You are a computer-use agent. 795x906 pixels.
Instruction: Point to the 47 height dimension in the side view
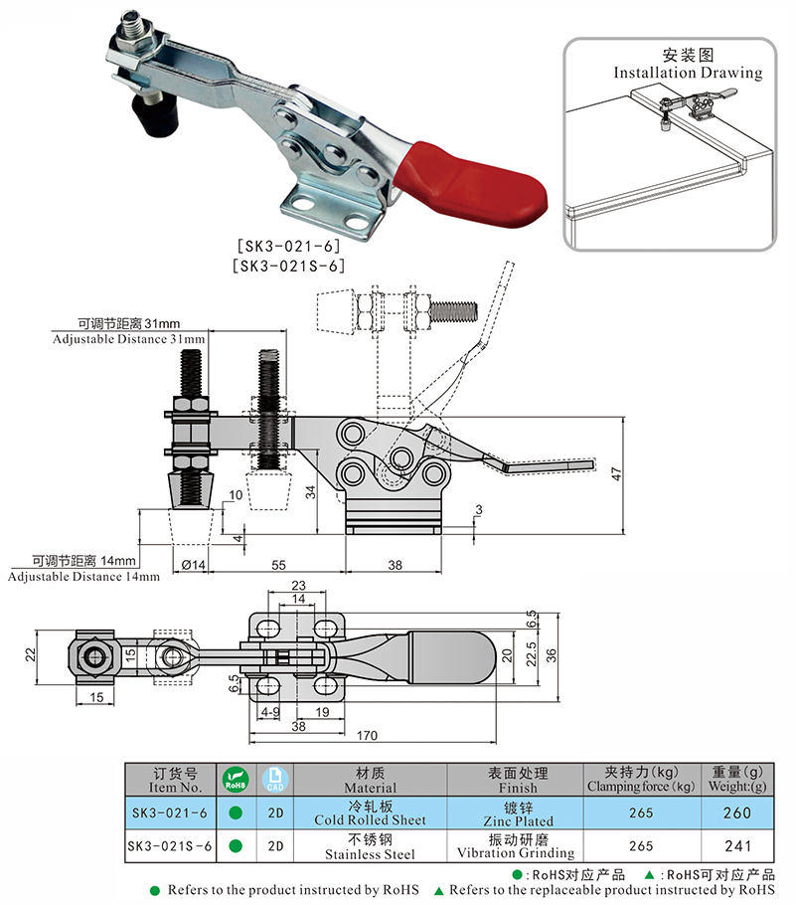[617, 475]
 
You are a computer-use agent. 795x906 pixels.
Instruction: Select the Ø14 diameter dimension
[193, 564]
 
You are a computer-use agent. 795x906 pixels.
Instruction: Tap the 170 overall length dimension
[370, 737]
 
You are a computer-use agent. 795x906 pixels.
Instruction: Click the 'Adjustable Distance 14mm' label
[83, 576]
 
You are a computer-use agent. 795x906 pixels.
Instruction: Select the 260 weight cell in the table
[735, 813]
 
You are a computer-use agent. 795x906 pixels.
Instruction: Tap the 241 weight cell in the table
[735, 846]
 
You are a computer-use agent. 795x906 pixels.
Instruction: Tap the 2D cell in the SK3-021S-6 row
[276, 846]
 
